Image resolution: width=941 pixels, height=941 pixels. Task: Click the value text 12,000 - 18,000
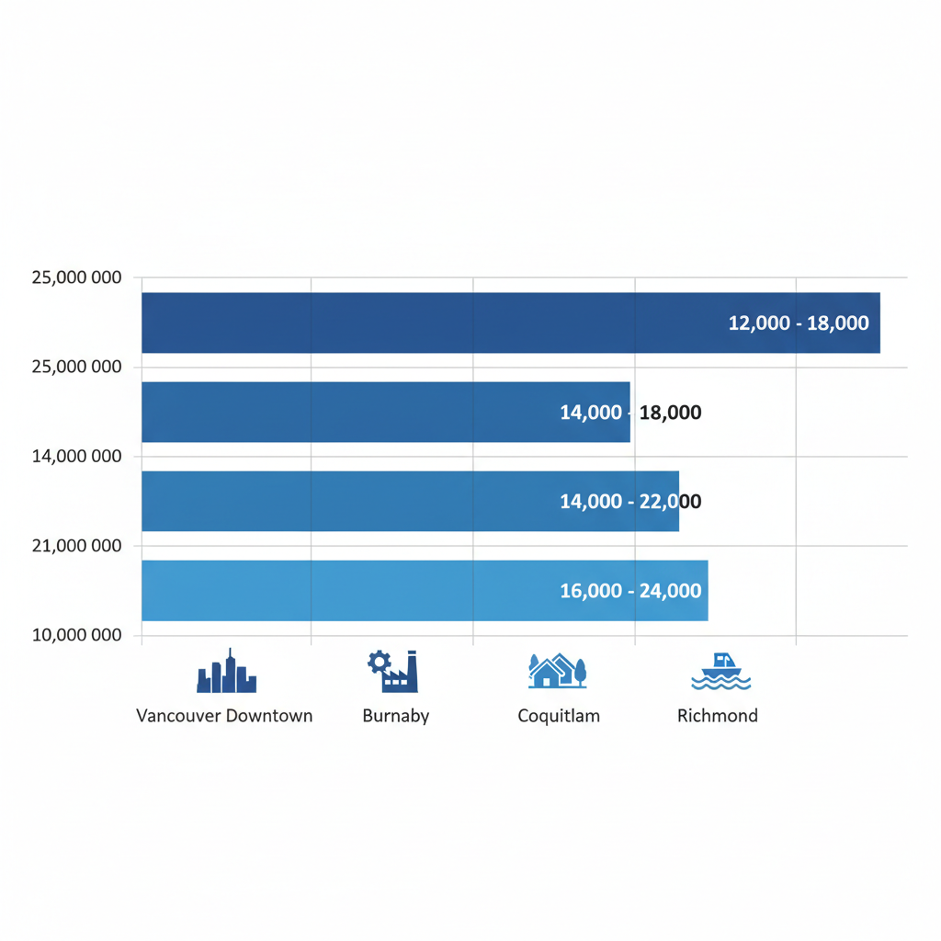click(798, 323)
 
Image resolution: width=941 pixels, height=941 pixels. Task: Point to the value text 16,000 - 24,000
click(630, 591)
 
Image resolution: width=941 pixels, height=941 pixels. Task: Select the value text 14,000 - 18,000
click(630, 413)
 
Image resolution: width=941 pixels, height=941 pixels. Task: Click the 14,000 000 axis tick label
click(76, 456)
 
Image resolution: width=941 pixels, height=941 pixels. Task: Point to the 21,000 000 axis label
click(76, 546)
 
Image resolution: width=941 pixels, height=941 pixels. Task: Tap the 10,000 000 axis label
click(76, 635)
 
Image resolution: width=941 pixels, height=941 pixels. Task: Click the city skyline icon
click(226, 672)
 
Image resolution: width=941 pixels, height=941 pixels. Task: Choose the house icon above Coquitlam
click(557, 672)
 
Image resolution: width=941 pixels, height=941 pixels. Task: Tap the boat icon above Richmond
click(720, 673)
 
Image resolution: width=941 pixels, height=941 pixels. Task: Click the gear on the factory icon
click(379, 660)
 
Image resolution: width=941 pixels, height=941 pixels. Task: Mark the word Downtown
click(269, 716)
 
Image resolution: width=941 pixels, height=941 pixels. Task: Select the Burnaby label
click(396, 716)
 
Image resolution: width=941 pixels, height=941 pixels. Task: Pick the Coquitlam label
click(559, 716)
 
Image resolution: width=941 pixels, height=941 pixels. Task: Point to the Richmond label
click(718, 716)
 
